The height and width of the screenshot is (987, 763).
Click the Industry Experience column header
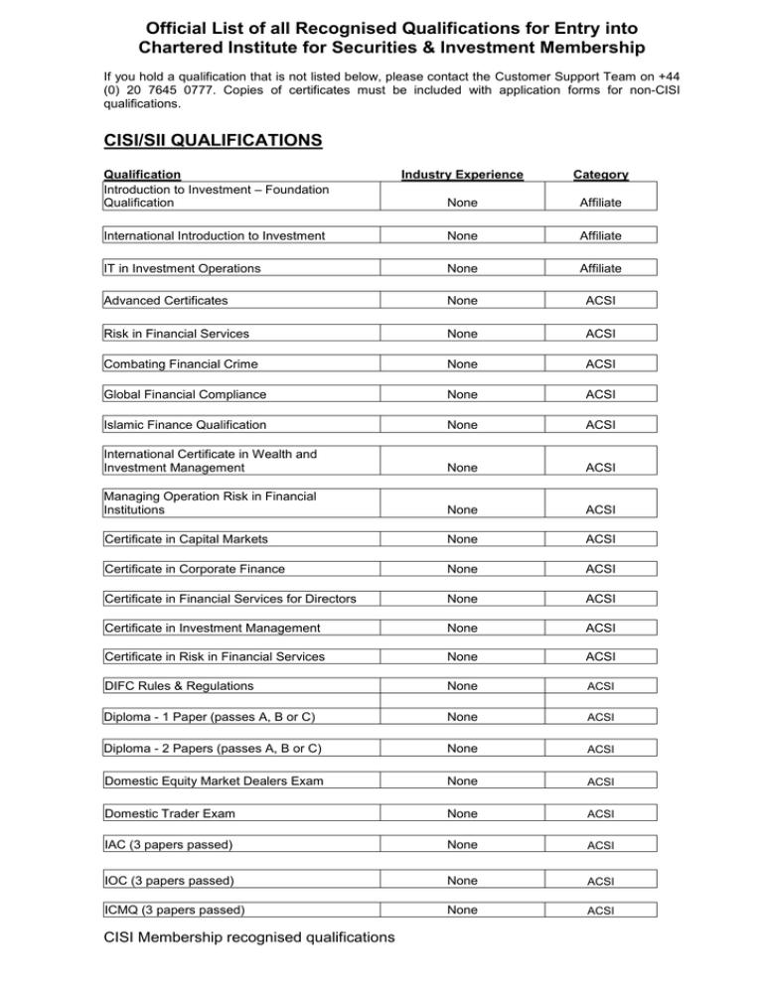(462, 175)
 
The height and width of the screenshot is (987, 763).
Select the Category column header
(600, 175)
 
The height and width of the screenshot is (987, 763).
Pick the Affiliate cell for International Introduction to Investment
(600, 235)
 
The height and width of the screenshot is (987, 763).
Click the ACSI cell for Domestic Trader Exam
(600, 815)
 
